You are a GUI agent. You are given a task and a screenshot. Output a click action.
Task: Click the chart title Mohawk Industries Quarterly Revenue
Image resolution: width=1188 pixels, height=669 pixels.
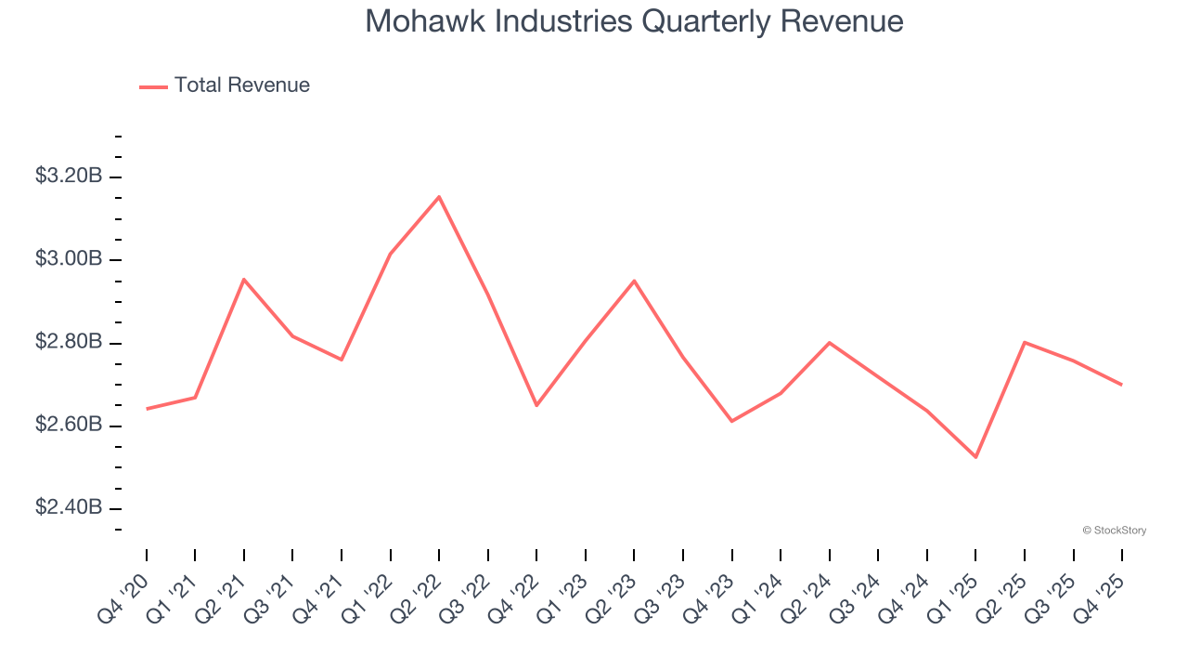click(634, 20)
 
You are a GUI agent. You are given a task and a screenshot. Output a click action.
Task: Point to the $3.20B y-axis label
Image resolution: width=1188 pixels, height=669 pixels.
click(69, 176)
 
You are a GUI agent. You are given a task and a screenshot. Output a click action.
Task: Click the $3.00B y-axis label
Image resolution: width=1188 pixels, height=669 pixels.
click(69, 258)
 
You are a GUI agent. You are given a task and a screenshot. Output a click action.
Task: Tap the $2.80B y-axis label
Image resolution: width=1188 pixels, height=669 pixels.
click(69, 342)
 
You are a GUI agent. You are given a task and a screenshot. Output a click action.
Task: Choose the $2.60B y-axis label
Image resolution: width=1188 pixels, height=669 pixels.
click(69, 425)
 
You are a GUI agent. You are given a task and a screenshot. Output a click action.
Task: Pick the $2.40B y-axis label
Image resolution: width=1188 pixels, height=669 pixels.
click(69, 507)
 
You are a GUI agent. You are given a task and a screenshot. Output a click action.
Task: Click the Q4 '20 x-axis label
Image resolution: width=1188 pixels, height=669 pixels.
click(124, 597)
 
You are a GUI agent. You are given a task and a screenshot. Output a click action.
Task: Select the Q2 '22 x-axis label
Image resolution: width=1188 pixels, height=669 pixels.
click(417, 597)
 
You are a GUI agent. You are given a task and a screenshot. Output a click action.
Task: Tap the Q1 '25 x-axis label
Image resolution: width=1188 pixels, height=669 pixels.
click(953, 597)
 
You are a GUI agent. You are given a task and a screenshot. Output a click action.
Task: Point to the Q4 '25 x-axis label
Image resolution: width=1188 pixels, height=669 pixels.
click(1100, 597)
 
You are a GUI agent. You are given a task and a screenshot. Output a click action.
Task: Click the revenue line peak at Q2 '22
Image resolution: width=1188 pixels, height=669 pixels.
click(439, 196)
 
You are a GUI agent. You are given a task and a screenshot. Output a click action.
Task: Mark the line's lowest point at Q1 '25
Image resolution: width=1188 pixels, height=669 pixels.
click(975, 457)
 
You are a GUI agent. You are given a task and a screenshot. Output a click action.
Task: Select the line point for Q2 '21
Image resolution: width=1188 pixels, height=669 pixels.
click(244, 279)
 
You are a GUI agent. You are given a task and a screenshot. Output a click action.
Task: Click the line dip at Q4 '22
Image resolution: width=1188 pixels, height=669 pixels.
click(536, 405)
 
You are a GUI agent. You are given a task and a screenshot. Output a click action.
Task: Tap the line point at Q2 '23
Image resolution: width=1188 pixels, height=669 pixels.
click(634, 281)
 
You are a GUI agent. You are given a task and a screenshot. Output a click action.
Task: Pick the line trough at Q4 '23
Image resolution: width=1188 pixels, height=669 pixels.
click(731, 421)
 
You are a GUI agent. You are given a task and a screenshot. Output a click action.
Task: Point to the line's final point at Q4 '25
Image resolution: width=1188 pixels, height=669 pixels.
click(1121, 385)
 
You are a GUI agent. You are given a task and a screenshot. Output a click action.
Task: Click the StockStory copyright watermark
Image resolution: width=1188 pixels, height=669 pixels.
click(1115, 531)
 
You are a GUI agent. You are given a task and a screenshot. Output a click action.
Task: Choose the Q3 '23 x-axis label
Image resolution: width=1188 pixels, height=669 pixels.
click(661, 597)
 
